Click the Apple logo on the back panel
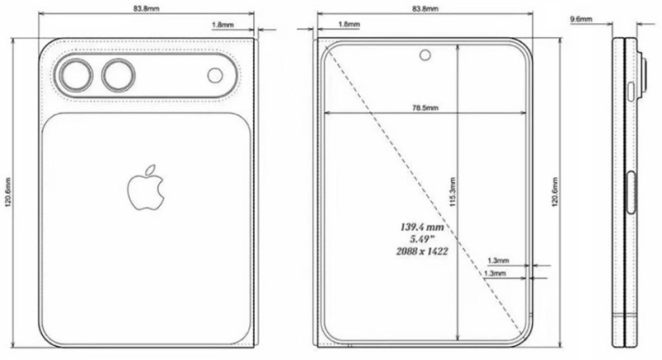click(x=142, y=189)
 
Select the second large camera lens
click(x=118, y=76)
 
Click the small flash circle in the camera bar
click(x=215, y=76)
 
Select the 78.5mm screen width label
click(x=424, y=107)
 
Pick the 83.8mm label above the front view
click(x=424, y=7)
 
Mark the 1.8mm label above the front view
click(x=348, y=25)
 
